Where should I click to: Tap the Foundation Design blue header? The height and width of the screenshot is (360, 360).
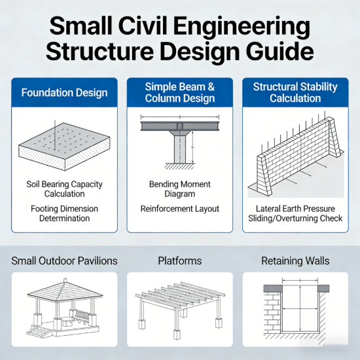tap(64, 92)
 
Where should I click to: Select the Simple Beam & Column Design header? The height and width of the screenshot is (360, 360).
tap(179, 92)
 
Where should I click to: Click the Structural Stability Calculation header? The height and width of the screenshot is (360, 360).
tap(295, 92)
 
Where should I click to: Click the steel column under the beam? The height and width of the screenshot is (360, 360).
tap(179, 149)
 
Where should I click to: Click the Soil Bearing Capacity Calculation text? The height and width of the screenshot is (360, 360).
tap(64, 189)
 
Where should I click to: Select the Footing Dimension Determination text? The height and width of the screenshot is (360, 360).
tap(64, 213)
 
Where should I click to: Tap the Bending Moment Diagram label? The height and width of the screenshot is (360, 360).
tap(179, 189)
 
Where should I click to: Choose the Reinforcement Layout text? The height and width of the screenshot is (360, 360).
tap(179, 209)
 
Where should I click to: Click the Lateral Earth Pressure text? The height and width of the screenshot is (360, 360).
tap(295, 209)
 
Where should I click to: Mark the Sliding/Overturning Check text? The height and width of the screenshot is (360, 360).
tap(295, 219)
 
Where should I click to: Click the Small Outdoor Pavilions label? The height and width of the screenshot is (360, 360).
tap(64, 261)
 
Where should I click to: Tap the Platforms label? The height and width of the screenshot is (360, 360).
tap(179, 261)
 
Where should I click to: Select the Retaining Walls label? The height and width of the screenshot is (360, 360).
tap(295, 261)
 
